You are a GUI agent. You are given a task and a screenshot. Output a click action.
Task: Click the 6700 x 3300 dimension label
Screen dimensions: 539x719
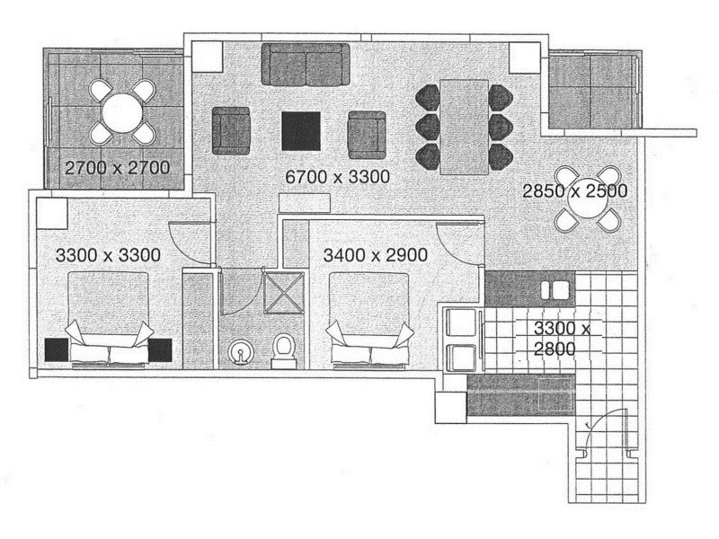coord(337,177)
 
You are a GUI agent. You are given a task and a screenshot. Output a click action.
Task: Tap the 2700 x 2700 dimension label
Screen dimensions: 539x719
coord(117,167)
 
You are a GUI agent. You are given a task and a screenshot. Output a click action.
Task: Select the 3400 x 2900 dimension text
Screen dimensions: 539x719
coord(376,255)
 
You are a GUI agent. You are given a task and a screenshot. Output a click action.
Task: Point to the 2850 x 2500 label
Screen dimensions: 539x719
coord(575,190)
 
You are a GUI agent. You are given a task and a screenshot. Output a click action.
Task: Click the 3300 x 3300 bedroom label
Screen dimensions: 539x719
coord(108,255)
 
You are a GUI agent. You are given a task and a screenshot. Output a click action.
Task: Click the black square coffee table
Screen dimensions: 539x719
coord(301,131)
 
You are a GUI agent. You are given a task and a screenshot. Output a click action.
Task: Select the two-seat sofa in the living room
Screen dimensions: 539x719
coord(306,64)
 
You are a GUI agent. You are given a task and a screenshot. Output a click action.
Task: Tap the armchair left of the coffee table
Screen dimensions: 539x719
coord(231,130)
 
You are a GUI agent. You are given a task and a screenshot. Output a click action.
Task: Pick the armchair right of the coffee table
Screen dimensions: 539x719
coord(367,133)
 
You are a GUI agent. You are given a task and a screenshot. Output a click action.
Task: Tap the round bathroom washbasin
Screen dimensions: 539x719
coord(241,353)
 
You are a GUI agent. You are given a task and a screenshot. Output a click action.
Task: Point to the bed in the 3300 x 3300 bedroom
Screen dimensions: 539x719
coord(108,319)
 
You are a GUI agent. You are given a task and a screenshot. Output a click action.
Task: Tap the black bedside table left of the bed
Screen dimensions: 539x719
coord(56,349)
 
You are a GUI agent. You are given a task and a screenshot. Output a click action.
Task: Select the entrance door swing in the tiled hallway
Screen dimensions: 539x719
coord(600,440)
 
